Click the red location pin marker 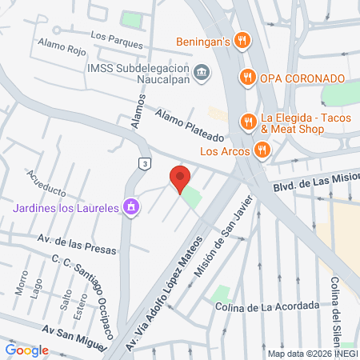[179, 178]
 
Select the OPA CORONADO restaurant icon [247, 78]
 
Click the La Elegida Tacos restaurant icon [247, 121]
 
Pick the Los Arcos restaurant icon [261, 149]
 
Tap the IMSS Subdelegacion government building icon [202, 72]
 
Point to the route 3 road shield [145, 163]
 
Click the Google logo [27, 350]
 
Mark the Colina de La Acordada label [266, 306]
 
